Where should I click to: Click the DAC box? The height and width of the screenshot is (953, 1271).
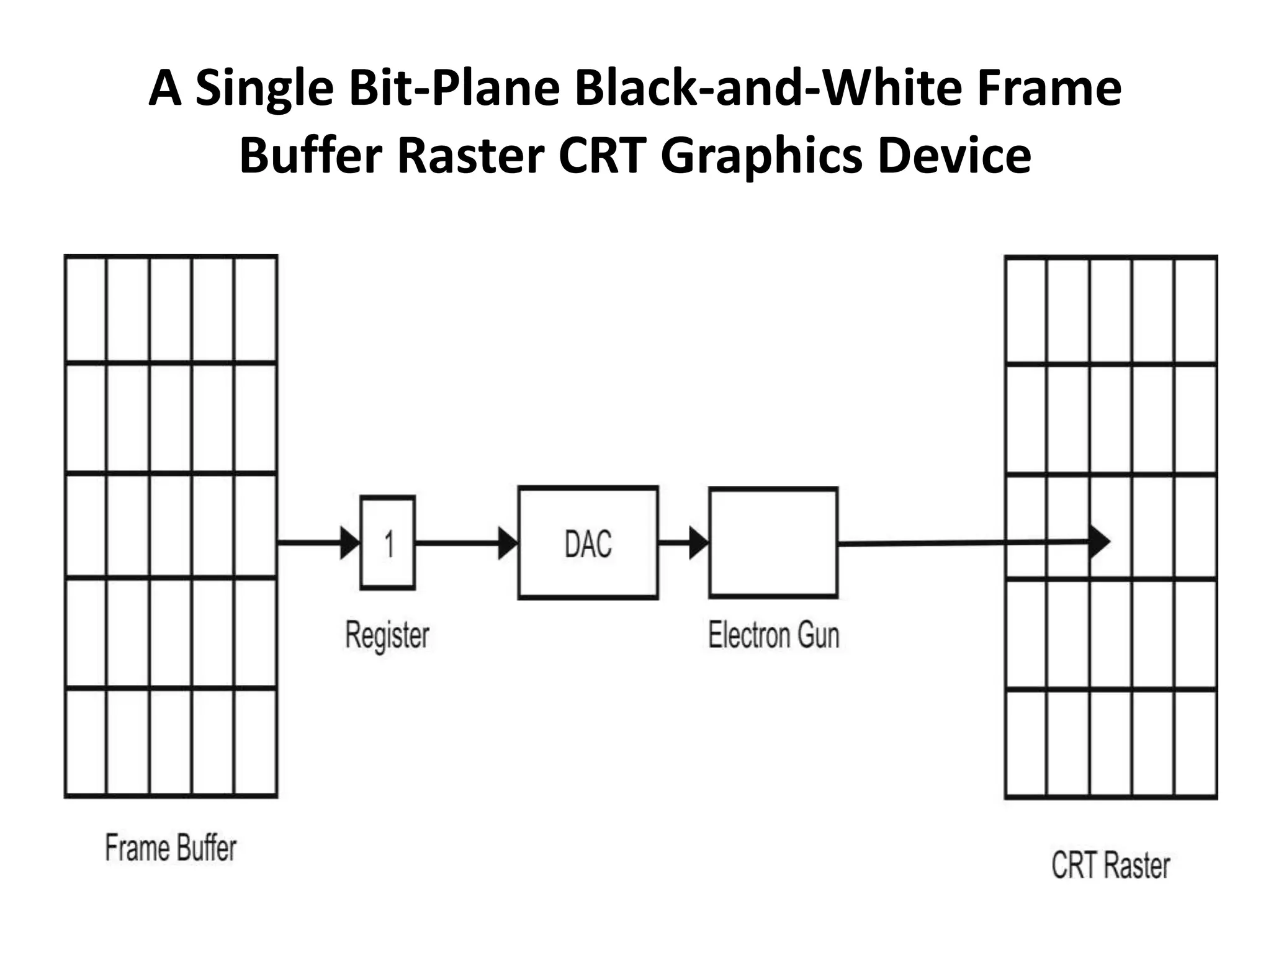[x=588, y=543]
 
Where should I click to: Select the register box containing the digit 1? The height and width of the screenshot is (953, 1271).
[x=388, y=543]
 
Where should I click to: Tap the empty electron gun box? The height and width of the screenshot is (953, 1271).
[x=773, y=543]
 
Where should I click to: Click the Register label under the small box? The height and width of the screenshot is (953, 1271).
[x=387, y=635]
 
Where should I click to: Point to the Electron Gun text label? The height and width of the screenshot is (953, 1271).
[x=773, y=635]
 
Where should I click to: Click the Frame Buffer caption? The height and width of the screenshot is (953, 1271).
[x=171, y=848]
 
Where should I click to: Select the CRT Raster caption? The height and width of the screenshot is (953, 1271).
[x=1110, y=866]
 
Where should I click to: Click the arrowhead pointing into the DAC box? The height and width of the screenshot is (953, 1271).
[x=508, y=544]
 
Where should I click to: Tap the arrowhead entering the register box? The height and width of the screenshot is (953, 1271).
[x=350, y=544]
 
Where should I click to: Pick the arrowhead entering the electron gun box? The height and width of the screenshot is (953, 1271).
[x=699, y=544]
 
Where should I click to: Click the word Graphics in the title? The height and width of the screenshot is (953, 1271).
[x=761, y=155]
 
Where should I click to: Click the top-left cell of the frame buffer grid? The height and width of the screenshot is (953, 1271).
[x=86, y=309]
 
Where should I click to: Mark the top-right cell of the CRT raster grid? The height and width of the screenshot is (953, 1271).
[x=1195, y=310]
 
